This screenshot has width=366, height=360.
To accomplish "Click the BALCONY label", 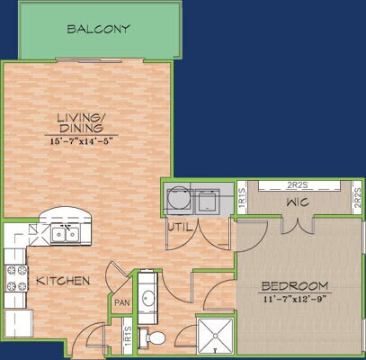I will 99,29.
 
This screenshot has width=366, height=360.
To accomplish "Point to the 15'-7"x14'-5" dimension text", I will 86,139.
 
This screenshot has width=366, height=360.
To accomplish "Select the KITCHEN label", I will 63,282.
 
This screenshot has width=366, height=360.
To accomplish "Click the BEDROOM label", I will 294,287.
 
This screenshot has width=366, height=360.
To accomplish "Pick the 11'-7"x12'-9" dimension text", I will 294,299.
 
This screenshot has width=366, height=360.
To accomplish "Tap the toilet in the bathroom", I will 156,337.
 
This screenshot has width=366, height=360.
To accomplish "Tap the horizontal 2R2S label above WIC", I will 295,185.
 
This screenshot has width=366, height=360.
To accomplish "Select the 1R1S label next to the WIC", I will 243,197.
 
